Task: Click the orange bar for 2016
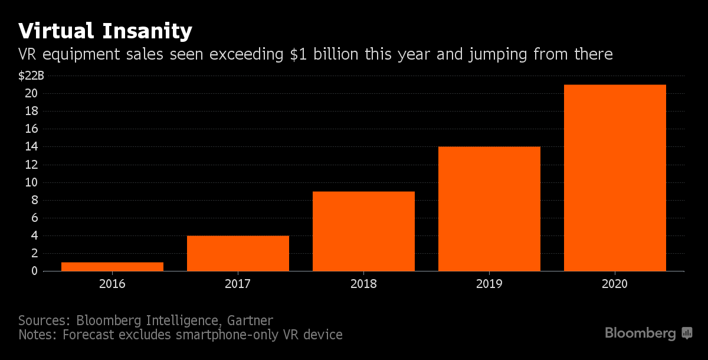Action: click(112, 267)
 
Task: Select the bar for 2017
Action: click(238, 253)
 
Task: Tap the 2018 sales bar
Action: click(363, 231)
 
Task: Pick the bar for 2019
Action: click(489, 209)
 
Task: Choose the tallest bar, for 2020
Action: click(615, 178)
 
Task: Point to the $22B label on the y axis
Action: click(31, 76)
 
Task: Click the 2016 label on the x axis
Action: click(112, 284)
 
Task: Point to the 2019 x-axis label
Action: click(489, 284)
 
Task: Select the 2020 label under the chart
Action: click(615, 284)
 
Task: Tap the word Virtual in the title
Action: click(55, 31)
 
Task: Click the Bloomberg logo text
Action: click(640, 333)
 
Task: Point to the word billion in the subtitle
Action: click(333, 55)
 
